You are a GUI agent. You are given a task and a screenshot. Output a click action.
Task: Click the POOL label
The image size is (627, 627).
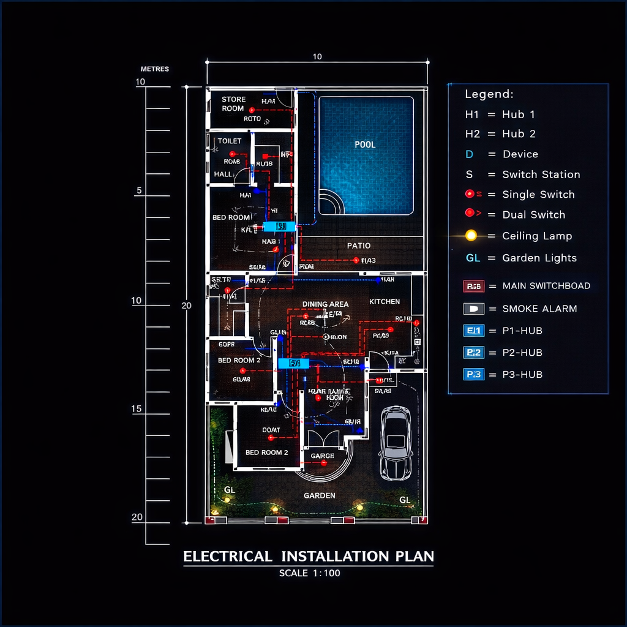pos(365,145)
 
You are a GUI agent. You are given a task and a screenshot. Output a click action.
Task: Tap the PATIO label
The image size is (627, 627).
pos(359,246)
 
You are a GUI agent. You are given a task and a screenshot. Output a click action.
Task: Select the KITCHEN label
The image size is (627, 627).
pos(385,301)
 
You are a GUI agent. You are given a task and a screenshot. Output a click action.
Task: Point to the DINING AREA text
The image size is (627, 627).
pos(325,304)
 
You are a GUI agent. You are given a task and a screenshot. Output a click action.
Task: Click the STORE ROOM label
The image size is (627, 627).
pos(233,103)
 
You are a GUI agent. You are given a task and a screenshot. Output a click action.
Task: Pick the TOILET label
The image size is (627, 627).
pos(230,141)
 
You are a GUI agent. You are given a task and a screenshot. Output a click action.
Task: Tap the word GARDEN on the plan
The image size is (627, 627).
pos(320,495)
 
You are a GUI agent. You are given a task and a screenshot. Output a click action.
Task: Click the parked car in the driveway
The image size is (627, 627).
pos(396,444)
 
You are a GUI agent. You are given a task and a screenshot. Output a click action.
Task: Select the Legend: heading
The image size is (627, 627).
pos(489,94)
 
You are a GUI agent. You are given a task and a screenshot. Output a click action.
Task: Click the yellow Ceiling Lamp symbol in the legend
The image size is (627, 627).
pos(471,236)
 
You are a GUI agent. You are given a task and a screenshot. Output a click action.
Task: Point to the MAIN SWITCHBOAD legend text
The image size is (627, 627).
pos(546,286)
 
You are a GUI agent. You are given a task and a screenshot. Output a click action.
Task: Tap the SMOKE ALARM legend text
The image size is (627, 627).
pos(539,309)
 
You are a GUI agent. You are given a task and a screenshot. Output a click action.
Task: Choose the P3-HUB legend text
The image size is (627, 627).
pos(522,375)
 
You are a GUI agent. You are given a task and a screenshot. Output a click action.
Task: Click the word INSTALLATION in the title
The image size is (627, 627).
pos(335,557)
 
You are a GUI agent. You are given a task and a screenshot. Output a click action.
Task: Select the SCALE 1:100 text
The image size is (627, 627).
pos(309,574)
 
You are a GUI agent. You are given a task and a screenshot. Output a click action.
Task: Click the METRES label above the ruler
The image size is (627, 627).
pos(154,69)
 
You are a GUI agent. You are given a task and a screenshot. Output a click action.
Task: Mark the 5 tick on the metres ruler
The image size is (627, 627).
pos(140,191)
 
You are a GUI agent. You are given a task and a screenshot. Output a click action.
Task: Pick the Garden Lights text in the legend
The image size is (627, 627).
pos(539,258)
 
